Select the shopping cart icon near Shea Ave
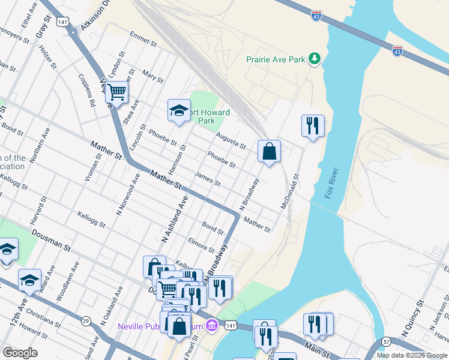tap(117, 92)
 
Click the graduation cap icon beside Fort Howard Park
tap(179, 110)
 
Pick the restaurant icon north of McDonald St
tap(313, 125)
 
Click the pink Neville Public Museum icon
tap(211, 326)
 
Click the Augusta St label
tap(231, 142)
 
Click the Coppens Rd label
tap(88, 91)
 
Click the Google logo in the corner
tap(20, 353)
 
